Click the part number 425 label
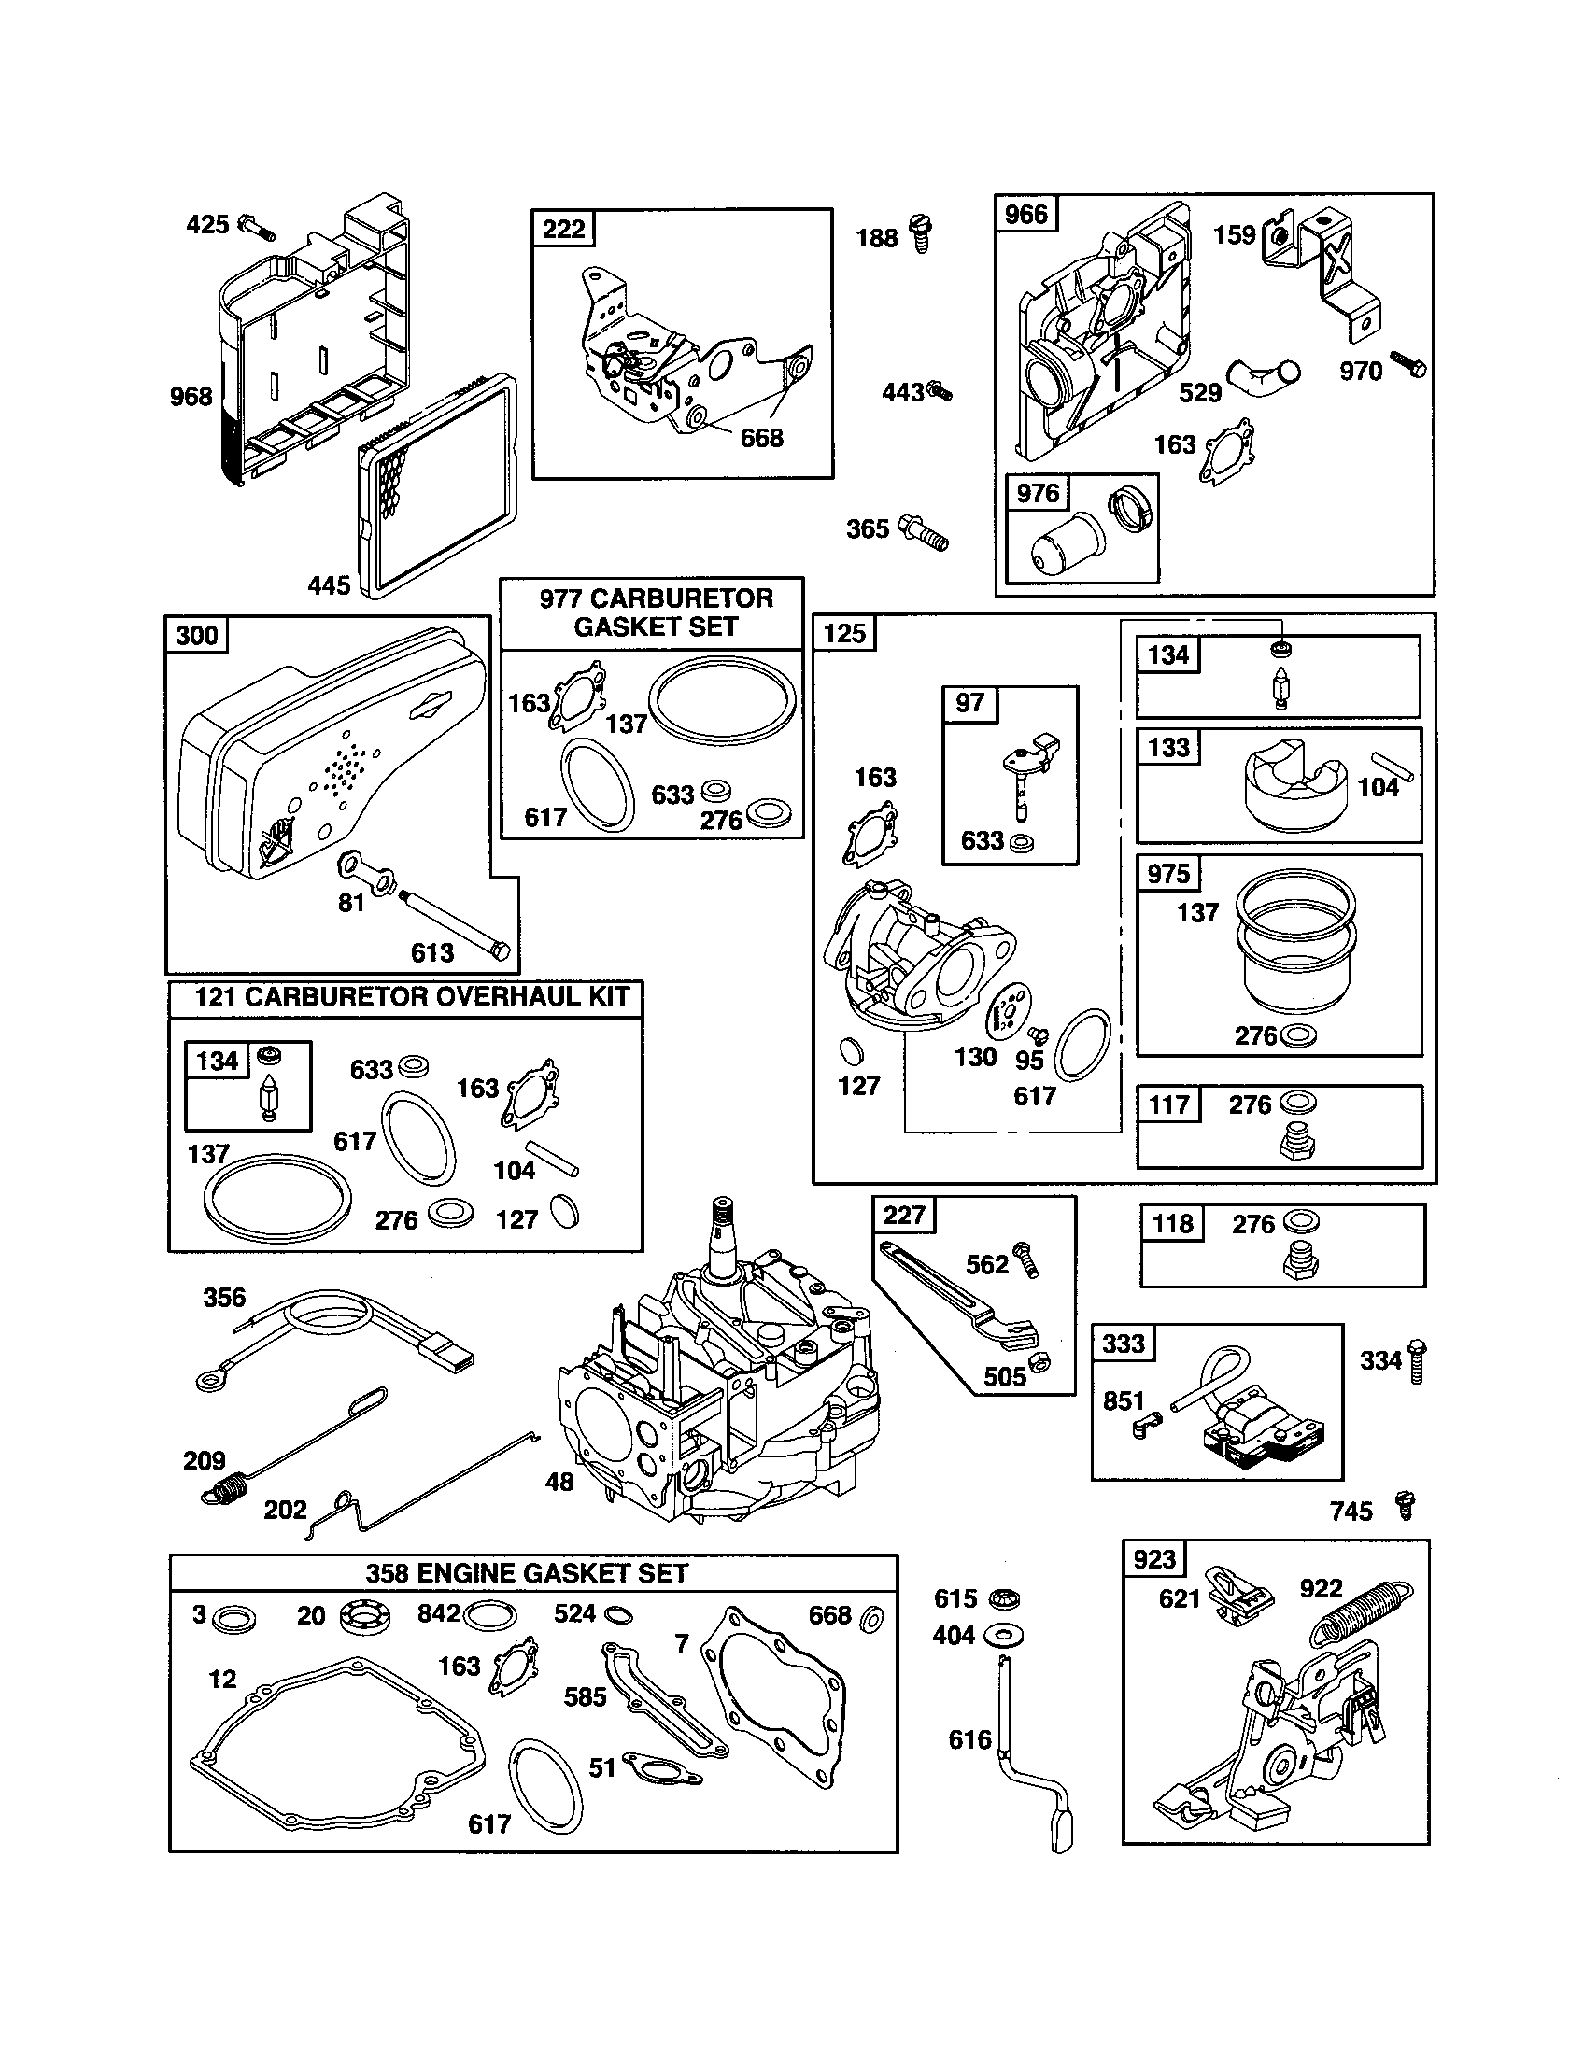tap(207, 225)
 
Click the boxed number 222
tap(563, 229)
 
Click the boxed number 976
tap(1038, 493)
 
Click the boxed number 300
tap(196, 636)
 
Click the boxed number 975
tap(1168, 874)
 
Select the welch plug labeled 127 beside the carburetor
tap(850, 1050)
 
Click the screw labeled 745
tap(1407, 1504)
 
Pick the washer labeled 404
tap(1005, 1636)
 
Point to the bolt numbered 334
tap(1418, 1362)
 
